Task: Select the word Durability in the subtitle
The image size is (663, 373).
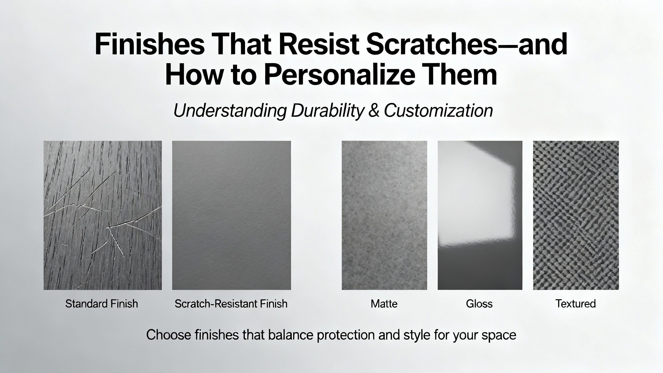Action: pos(326,111)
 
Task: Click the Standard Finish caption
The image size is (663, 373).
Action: pos(102,304)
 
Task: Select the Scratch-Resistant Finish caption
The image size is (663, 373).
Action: pos(231,304)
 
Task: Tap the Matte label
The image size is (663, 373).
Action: pos(384,304)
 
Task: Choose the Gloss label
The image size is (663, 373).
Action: pos(479,304)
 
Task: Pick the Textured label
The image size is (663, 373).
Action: pos(576,304)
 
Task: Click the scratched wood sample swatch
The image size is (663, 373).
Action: pos(103,215)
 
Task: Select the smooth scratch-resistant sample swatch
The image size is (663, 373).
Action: pos(232,215)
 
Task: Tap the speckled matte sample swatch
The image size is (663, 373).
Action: pos(384,215)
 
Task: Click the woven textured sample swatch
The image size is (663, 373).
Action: pos(576,215)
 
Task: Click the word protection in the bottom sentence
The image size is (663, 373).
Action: pos(345,335)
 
